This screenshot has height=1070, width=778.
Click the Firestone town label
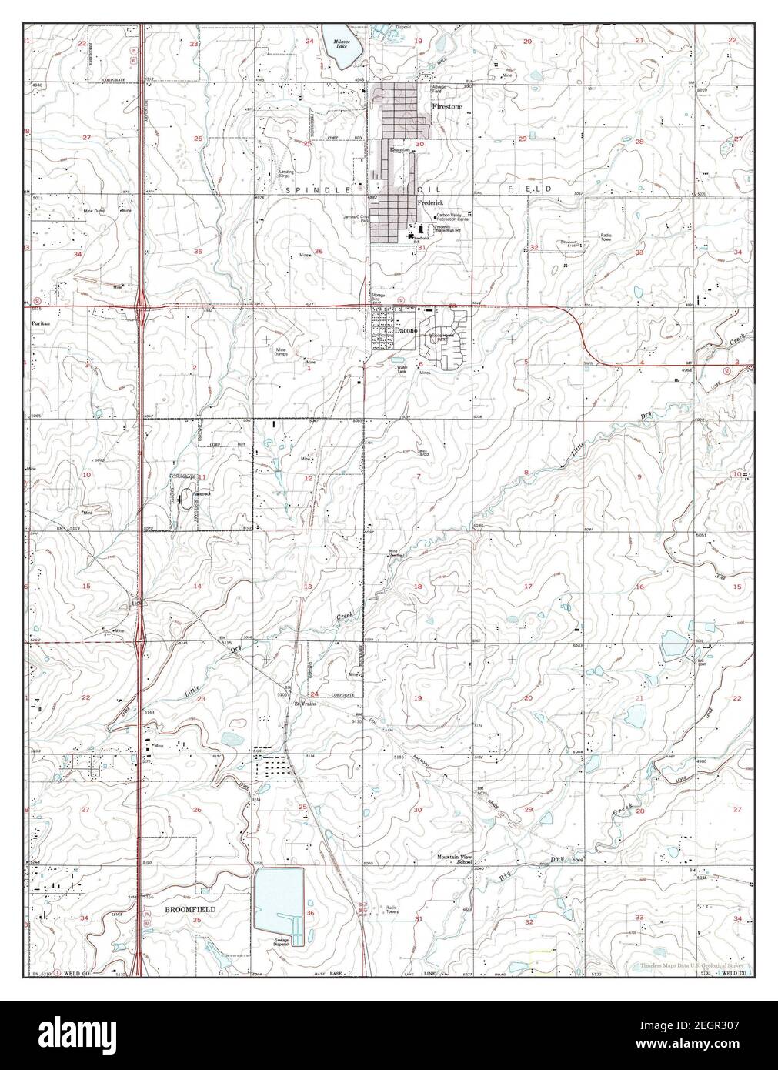[x=447, y=107]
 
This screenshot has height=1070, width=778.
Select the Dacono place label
[x=406, y=330]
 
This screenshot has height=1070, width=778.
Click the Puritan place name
[x=41, y=324]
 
